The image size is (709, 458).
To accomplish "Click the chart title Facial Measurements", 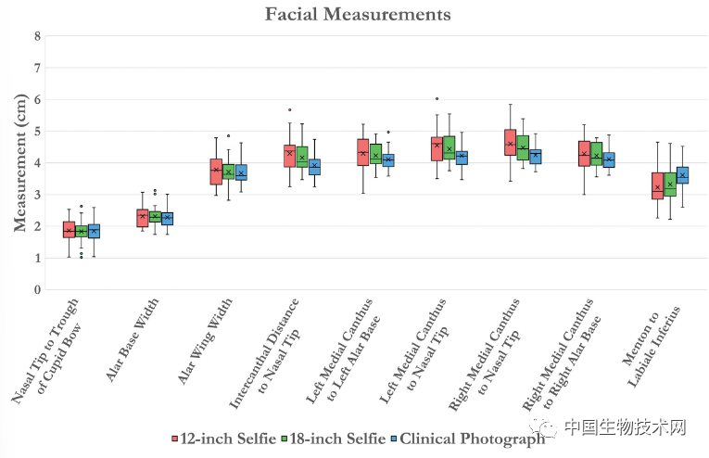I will coord(358,15).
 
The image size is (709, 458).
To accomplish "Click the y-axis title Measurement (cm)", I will coord(19,163).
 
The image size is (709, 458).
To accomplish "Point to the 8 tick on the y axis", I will coord(37,36).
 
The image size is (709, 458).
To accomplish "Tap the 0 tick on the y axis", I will coord(37,289).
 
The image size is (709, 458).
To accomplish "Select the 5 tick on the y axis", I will coord(37,131).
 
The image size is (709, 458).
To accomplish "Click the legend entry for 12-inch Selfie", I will coord(221,439).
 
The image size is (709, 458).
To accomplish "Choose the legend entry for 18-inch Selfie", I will coord(329,439).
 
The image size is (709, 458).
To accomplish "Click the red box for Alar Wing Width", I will coord(216,172).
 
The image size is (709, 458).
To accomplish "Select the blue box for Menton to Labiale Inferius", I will coord(683,175).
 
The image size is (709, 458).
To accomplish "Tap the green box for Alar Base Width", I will coord(155,217).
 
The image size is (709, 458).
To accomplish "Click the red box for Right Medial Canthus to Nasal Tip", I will coord(510,142).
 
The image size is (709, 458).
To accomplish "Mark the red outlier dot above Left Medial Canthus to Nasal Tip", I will coord(437,98).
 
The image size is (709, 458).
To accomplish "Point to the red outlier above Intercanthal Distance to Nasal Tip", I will coord(289,109).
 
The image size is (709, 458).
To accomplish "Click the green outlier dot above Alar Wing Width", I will coord(229,135).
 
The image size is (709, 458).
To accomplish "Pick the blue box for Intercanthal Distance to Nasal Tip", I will coord(315,167).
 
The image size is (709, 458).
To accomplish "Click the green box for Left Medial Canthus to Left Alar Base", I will coord(375,152).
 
